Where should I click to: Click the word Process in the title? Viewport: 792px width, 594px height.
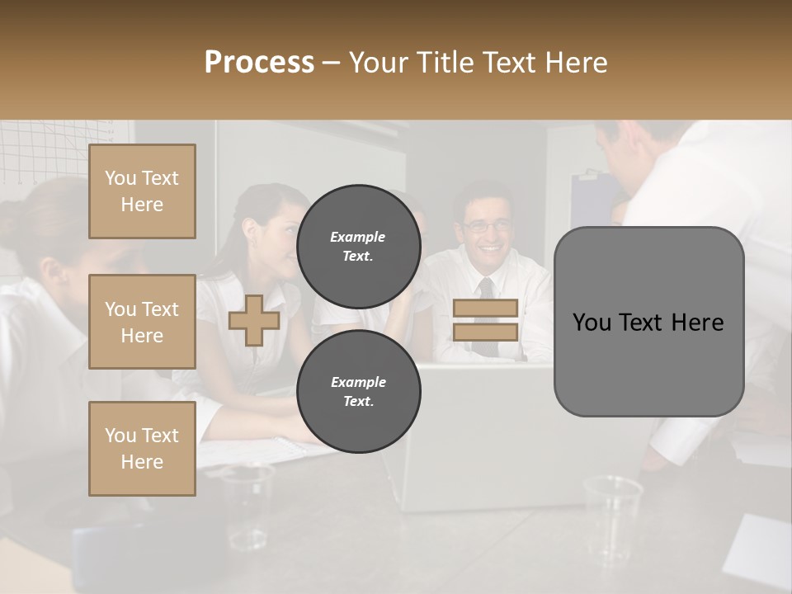pyautogui.click(x=259, y=62)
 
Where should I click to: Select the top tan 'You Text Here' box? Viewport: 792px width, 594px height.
pyautogui.click(x=142, y=191)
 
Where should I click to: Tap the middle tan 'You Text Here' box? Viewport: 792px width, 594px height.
pyautogui.click(x=142, y=322)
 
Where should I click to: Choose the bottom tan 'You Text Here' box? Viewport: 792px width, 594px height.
pyautogui.click(x=142, y=448)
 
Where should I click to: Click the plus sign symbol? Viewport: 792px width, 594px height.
pyautogui.click(x=253, y=320)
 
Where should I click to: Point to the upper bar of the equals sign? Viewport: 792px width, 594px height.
pyautogui.click(x=486, y=308)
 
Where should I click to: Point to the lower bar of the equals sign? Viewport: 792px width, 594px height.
pyautogui.click(x=486, y=332)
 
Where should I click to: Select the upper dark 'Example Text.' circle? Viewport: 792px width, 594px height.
pyautogui.click(x=358, y=247)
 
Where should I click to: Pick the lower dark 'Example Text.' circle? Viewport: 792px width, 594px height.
pyautogui.click(x=358, y=392)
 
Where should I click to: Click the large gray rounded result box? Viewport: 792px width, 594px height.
pyautogui.click(x=648, y=363)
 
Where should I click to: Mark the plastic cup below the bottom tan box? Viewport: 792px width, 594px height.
pyautogui.click(x=247, y=503)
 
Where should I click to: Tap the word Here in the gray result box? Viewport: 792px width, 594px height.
pyautogui.click(x=697, y=323)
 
